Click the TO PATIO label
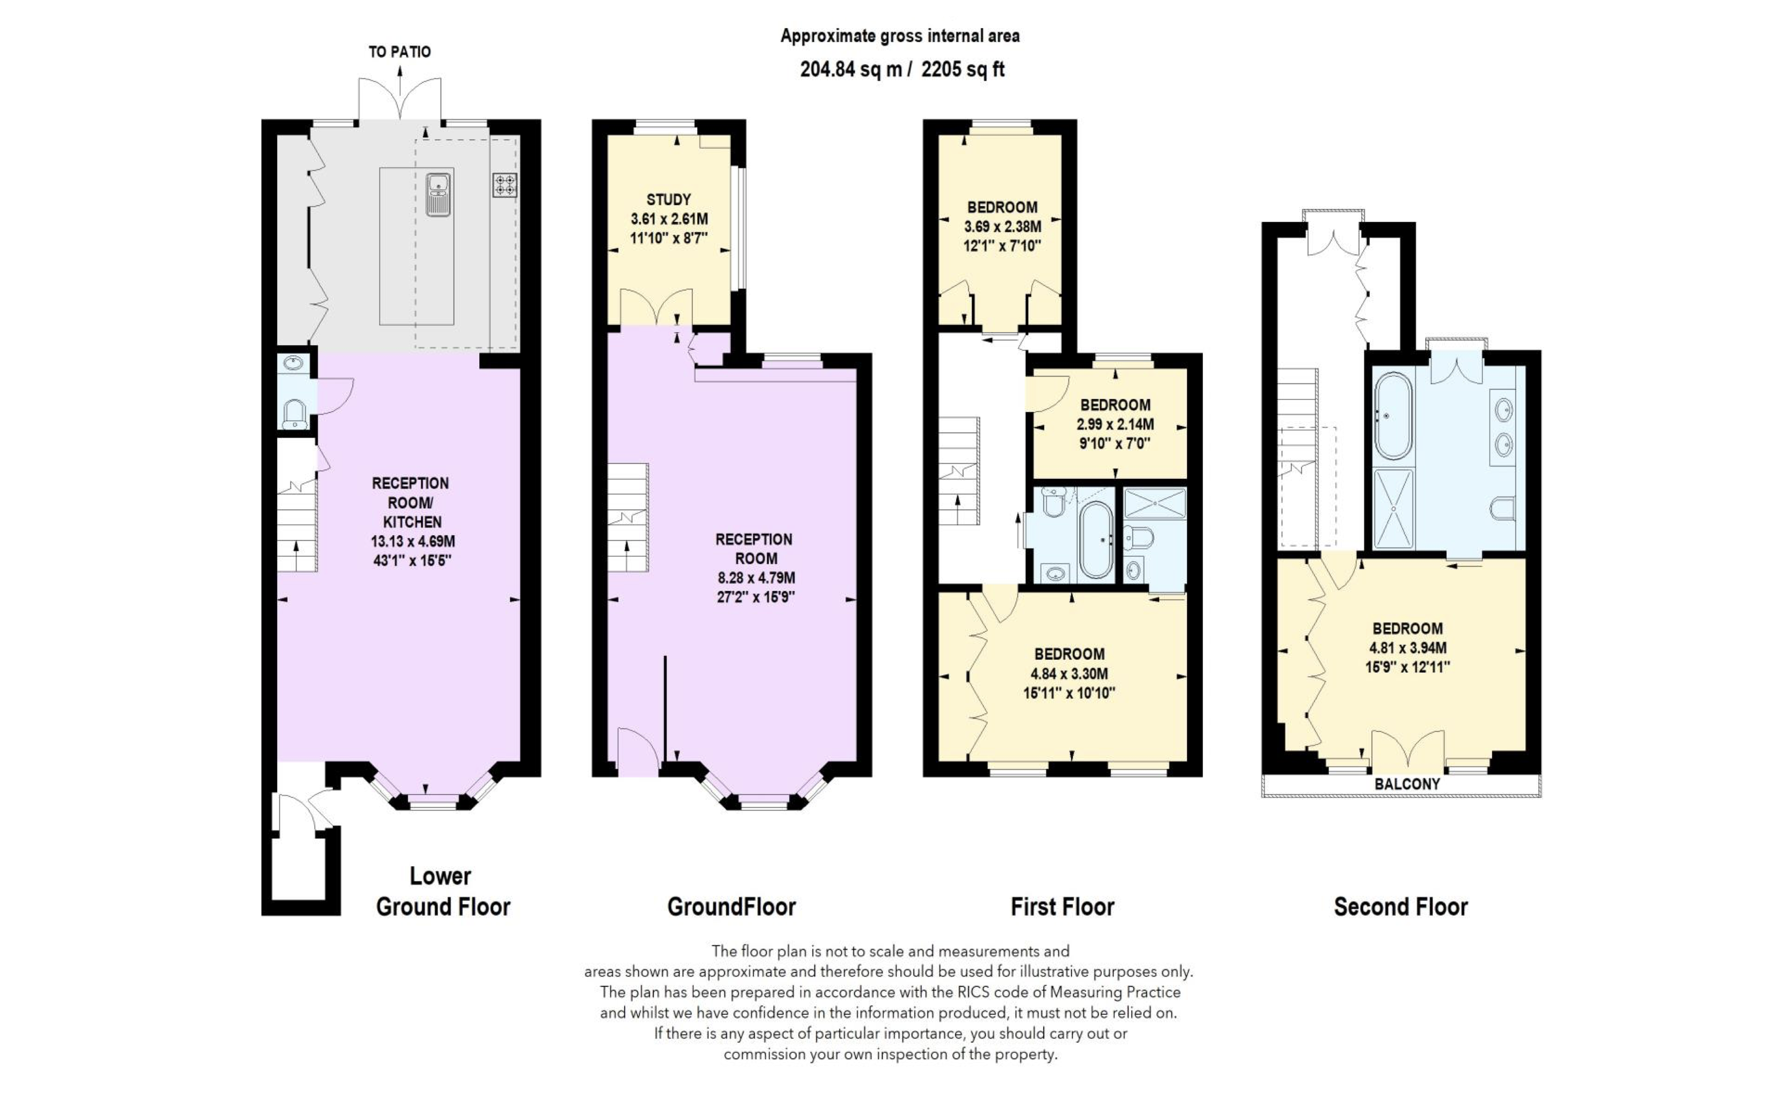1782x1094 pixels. click(399, 52)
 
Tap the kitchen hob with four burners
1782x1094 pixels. click(505, 185)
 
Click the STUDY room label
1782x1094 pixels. click(669, 199)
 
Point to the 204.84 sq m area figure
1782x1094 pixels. click(851, 70)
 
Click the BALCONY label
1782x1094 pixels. click(1407, 784)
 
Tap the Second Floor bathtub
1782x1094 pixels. click(1393, 416)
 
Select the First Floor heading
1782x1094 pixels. click(1062, 907)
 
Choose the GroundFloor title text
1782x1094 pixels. click(731, 907)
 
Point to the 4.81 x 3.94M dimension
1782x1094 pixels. click(1407, 648)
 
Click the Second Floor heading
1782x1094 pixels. click(1400, 907)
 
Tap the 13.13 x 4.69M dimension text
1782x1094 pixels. click(413, 541)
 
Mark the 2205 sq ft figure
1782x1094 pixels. click(963, 70)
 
